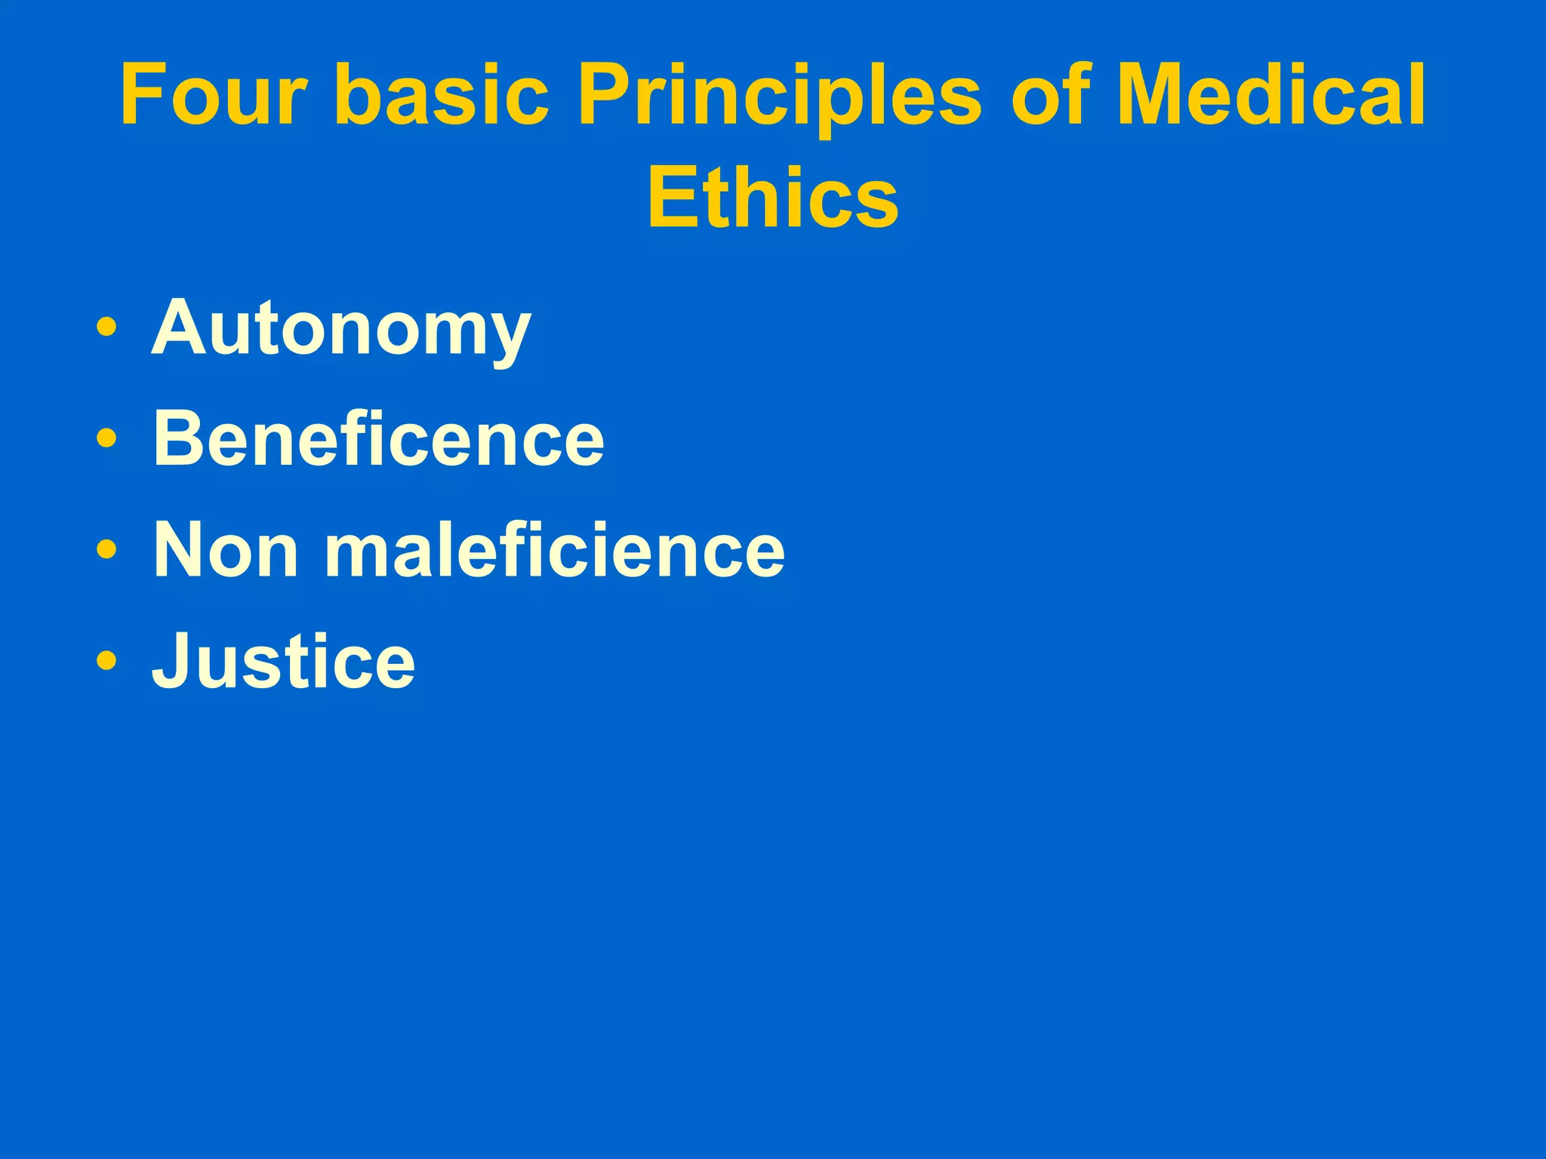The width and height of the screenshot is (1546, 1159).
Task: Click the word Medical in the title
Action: click(1271, 96)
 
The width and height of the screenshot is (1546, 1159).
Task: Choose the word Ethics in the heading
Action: click(773, 198)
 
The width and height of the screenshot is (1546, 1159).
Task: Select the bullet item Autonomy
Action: click(341, 329)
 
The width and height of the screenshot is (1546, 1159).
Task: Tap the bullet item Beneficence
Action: click(378, 439)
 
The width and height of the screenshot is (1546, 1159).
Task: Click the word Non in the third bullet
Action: click(225, 550)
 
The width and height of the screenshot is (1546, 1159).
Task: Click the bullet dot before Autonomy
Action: click(106, 328)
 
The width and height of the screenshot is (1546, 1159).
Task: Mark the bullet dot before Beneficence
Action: click(106, 438)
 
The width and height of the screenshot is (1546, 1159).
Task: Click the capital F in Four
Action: click(142, 96)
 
